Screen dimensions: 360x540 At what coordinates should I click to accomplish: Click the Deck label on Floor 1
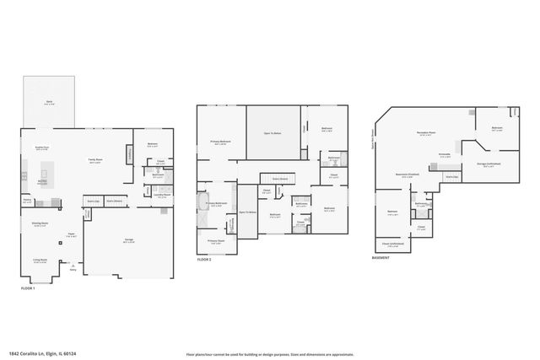pos(48,102)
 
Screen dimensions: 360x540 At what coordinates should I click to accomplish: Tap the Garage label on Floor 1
pos(129,240)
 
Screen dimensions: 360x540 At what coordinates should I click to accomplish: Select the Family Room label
pos(96,159)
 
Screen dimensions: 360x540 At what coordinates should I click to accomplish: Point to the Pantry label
pos(26,201)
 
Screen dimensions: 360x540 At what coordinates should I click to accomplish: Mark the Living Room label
pos(40,261)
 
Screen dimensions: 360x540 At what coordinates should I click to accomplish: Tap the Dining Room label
pos(40,224)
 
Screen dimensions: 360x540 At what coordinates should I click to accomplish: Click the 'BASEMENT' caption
pos(381,258)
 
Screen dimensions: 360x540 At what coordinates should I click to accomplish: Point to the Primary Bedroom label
pos(221,142)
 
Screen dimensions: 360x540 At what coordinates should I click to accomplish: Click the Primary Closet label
pos(217,241)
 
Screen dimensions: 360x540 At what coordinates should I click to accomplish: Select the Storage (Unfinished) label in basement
pos(489,164)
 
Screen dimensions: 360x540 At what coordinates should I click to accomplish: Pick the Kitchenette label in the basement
pos(445,156)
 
